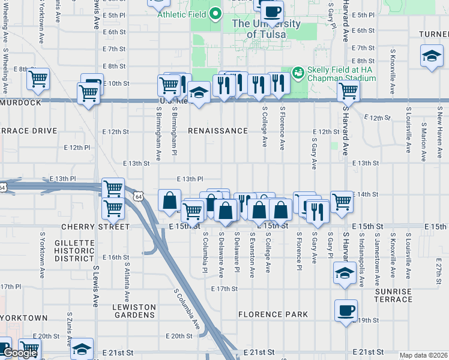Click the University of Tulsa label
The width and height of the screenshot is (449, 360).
265,29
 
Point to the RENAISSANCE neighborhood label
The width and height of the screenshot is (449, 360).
217,131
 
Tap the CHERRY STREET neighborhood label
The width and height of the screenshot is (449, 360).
95,227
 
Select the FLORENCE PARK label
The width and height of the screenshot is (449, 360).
273,314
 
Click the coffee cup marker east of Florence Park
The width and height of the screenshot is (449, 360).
346,310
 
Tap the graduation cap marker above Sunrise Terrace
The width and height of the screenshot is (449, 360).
344,273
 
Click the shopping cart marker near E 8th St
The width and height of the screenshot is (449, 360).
38,79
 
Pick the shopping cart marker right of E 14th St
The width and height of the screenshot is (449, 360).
342,202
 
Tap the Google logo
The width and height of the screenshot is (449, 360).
20,353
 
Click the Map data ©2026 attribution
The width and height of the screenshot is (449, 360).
423,355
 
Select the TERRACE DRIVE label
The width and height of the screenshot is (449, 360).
28,131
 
